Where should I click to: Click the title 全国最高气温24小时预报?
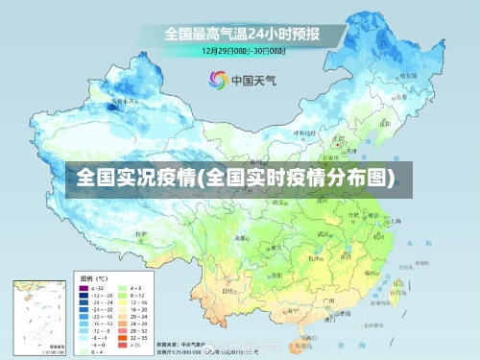pos(241,34)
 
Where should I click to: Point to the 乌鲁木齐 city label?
pos(124,99)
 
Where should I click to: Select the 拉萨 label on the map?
pos(142,233)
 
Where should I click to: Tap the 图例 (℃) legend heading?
pos(94,277)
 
